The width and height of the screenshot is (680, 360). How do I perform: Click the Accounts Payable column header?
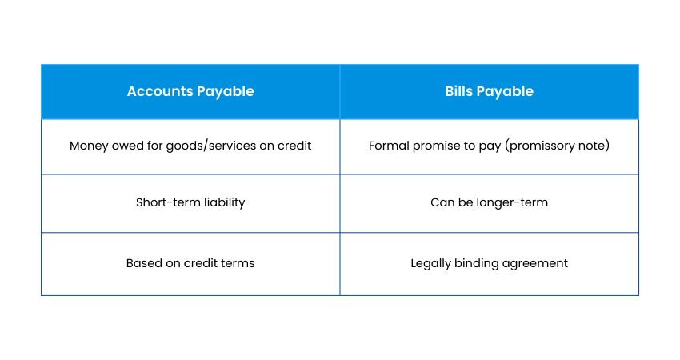tap(190, 91)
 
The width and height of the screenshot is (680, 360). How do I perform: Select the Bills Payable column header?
tap(489, 91)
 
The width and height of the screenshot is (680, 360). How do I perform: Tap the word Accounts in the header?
tap(159, 91)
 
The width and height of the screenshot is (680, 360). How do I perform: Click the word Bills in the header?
tap(458, 91)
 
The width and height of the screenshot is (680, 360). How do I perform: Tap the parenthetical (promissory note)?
tap(558, 146)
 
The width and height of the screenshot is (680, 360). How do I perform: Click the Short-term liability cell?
tap(190, 203)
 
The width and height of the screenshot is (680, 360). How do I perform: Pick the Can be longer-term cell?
tap(489, 203)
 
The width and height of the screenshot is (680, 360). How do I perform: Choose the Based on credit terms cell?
tap(190, 264)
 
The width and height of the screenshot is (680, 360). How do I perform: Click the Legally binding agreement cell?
tap(489, 264)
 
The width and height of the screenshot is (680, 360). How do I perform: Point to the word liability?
tap(224, 202)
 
